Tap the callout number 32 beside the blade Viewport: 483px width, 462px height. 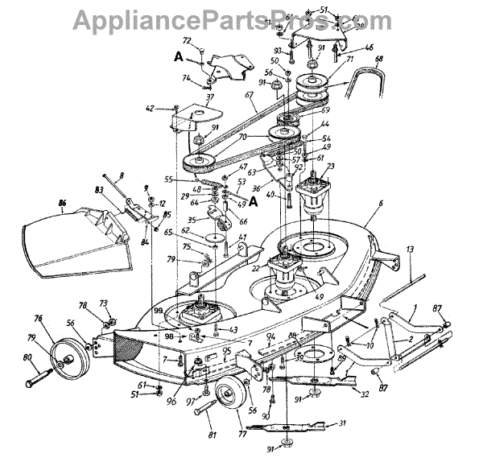tap(365, 394)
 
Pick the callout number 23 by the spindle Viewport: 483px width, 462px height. tap(329, 167)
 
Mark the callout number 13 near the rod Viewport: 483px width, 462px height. tap(410, 253)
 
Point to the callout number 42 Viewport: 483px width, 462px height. tap(150, 109)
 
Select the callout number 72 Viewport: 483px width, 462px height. tap(187, 39)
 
